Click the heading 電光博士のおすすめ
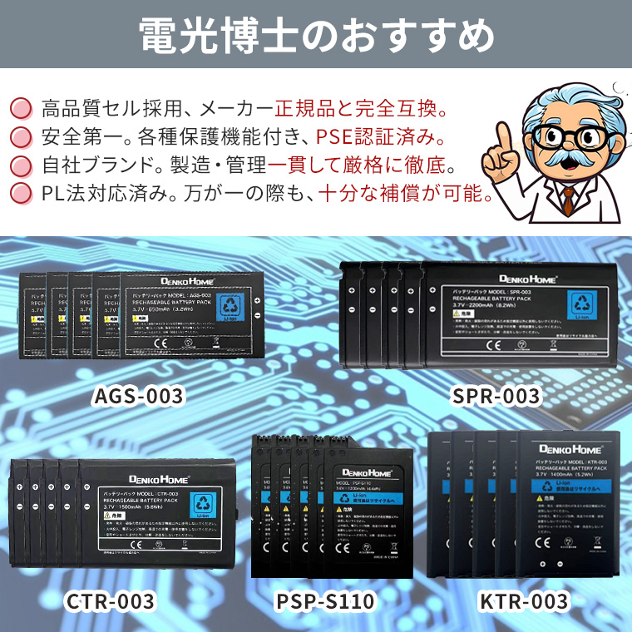tap(315, 34)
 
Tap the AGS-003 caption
tap(137, 396)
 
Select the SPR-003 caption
tap(496, 396)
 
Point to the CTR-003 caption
tap(110, 600)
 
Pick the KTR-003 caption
tap(524, 600)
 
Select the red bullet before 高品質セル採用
tap(19, 109)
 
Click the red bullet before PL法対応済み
tap(19, 195)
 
